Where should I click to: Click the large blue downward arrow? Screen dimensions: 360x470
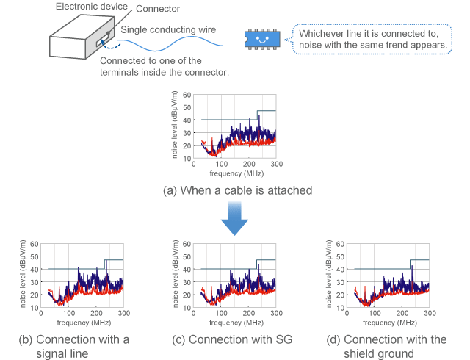click(234, 220)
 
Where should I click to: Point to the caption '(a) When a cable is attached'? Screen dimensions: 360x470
click(234, 190)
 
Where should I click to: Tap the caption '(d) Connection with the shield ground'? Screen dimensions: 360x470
click(394, 346)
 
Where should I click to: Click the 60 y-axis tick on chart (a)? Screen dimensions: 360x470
click(188, 95)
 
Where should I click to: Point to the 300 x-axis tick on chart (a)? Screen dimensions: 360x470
click(275, 165)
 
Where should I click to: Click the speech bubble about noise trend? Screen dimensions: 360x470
click(373, 39)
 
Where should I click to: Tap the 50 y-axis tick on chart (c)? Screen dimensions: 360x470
click(189, 256)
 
